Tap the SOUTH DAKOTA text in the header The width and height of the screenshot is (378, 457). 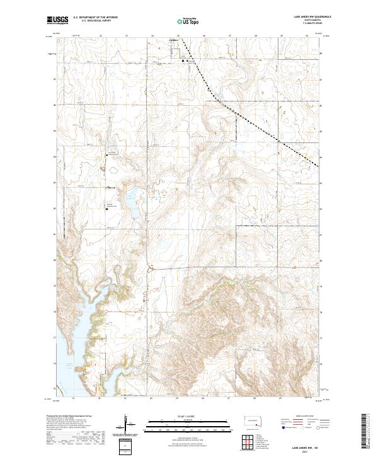point(312,20)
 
